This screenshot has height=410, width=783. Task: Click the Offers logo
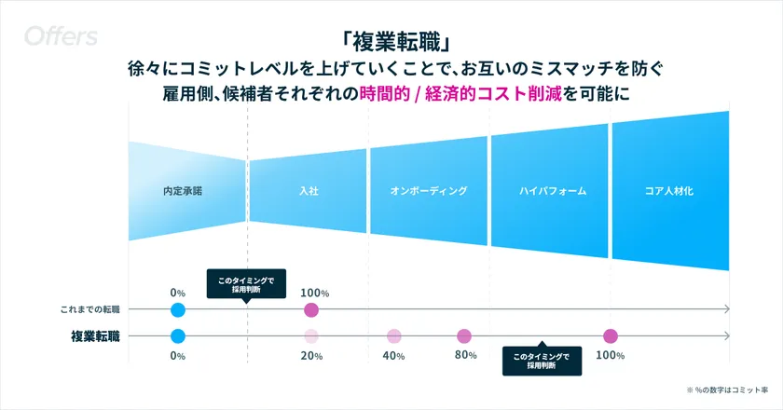tap(62, 37)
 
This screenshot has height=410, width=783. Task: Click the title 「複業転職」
tap(391, 43)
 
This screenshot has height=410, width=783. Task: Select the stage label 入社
tap(309, 191)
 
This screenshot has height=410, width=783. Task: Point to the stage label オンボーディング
tap(428, 191)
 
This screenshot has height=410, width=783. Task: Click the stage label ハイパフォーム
tap(553, 191)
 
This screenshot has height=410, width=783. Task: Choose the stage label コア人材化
tap(669, 191)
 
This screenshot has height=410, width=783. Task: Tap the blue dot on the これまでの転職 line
tap(178, 309)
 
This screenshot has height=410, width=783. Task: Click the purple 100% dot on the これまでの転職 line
tap(311, 309)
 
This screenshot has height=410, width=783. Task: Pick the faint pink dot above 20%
tap(311, 336)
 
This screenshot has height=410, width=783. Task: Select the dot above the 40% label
tap(394, 336)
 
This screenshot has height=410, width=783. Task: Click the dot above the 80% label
tap(464, 336)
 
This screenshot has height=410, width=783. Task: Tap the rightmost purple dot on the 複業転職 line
tap(611, 336)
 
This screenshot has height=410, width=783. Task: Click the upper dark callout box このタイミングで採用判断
tap(246, 283)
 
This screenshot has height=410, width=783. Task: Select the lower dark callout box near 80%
tap(542, 361)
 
